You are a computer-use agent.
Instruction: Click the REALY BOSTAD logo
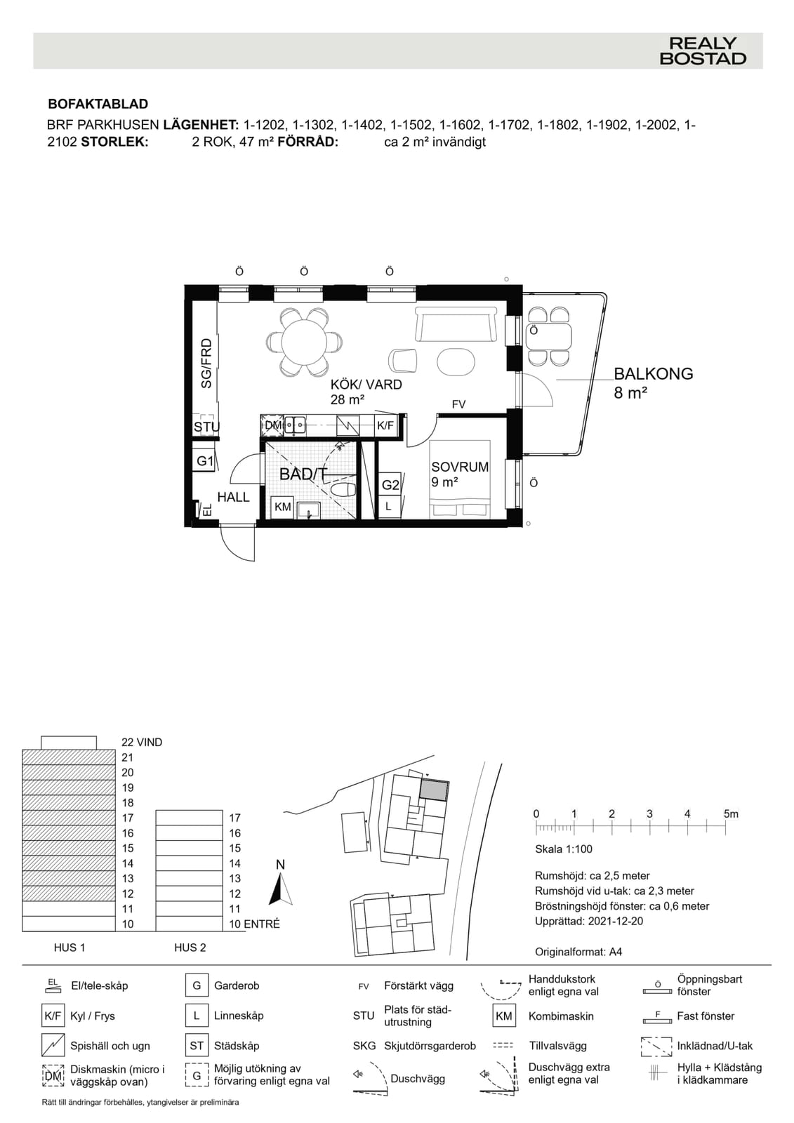tap(703, 51)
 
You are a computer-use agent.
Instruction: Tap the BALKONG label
tap(653, 373)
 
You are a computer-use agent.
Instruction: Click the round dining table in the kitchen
tap(304, 343)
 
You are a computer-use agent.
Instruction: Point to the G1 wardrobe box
tap(204, 460)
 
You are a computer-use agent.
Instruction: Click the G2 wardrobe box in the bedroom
tap(390, 484)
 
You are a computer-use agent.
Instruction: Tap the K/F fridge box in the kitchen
tap(385, 425)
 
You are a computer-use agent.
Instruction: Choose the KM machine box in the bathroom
tap(282, 507)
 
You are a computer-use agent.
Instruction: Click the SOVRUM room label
tap(460, 467)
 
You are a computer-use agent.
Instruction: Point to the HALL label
tap(233, 497)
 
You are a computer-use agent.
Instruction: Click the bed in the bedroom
tap(459, 479)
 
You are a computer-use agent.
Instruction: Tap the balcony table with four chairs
tap(548, 336)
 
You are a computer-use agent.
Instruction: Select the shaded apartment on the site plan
tap(434, 790)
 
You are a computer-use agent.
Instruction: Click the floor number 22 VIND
tap(142, 742)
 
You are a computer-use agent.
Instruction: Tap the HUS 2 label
tap(190, 948)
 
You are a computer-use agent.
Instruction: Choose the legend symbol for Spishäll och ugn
tap(53, 1046)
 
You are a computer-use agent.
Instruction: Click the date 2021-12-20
tap(616, 921)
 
